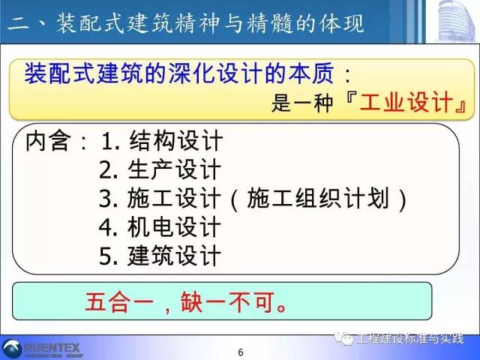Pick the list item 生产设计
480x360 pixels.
tap(176, 169)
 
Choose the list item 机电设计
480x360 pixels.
tap(176, 226)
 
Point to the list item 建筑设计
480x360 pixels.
tap(176, 255)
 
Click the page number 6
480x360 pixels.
tap(240, 352)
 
